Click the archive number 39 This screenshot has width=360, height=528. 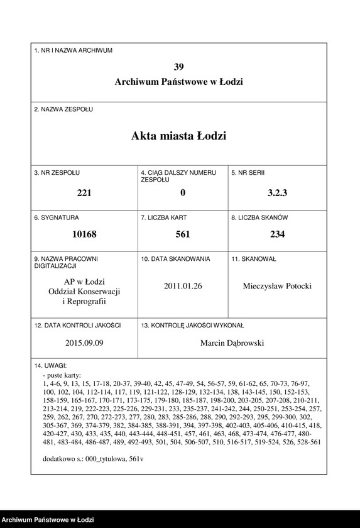click(x=179, y=67)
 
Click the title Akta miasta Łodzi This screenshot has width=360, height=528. click(x=179, y=136)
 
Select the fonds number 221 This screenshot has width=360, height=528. click(x=84, y=193)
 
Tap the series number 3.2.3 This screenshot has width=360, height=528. click(x=277, y=193)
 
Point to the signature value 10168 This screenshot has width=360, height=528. click(x=84, y=234)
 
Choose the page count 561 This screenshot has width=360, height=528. click(x=183, y=234)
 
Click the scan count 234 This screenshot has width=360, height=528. click(x=277, y=234)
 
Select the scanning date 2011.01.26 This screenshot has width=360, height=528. click(x=183, y=286)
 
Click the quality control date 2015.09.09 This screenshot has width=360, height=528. click(x=84, y=343)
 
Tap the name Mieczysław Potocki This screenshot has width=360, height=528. click(x=277, y=286)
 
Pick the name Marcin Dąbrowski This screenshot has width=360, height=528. click(x=232, y=343)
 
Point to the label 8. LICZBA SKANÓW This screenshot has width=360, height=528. click(x=259, y=217)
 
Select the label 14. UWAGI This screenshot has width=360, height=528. click(x=50, y=365)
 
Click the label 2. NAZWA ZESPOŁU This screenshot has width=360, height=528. click(x=63, y=109)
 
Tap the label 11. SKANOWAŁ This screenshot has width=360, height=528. click(x=254, y=258)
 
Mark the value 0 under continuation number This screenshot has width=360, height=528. click(x=183, y=193)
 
